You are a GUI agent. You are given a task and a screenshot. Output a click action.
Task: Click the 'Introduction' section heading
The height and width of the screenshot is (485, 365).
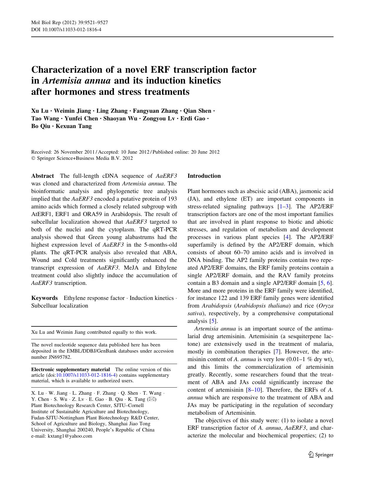204,176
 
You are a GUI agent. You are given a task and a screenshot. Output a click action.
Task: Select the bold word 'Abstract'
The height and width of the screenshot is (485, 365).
42,176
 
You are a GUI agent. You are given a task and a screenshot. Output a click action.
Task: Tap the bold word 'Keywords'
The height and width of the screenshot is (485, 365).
44,298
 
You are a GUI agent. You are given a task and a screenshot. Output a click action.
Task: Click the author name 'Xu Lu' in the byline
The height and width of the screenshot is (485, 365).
40,111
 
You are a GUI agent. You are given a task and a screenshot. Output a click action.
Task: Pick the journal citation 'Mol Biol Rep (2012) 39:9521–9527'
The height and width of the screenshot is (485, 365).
69,23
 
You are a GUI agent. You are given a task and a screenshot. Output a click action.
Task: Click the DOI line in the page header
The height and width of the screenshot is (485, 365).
66,29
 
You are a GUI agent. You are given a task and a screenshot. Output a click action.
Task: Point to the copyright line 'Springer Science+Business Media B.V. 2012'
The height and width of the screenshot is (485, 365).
84,158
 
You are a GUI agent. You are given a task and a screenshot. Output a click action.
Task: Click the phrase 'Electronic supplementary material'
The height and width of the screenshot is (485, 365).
71,369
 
